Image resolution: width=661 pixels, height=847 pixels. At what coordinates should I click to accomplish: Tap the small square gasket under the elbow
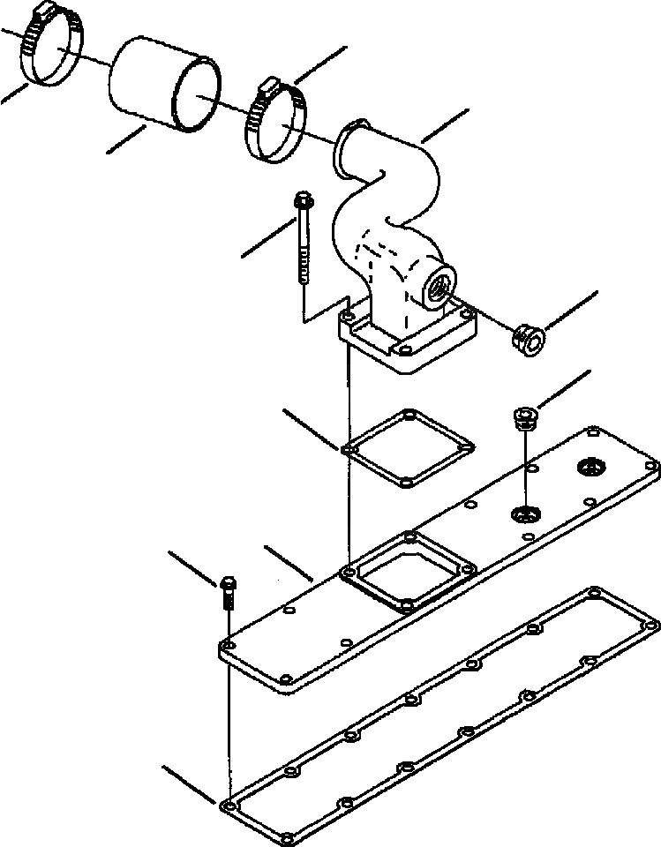(x=408, y=448)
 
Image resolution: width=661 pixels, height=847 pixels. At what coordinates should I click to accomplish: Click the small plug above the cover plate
(x=524, y=417)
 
